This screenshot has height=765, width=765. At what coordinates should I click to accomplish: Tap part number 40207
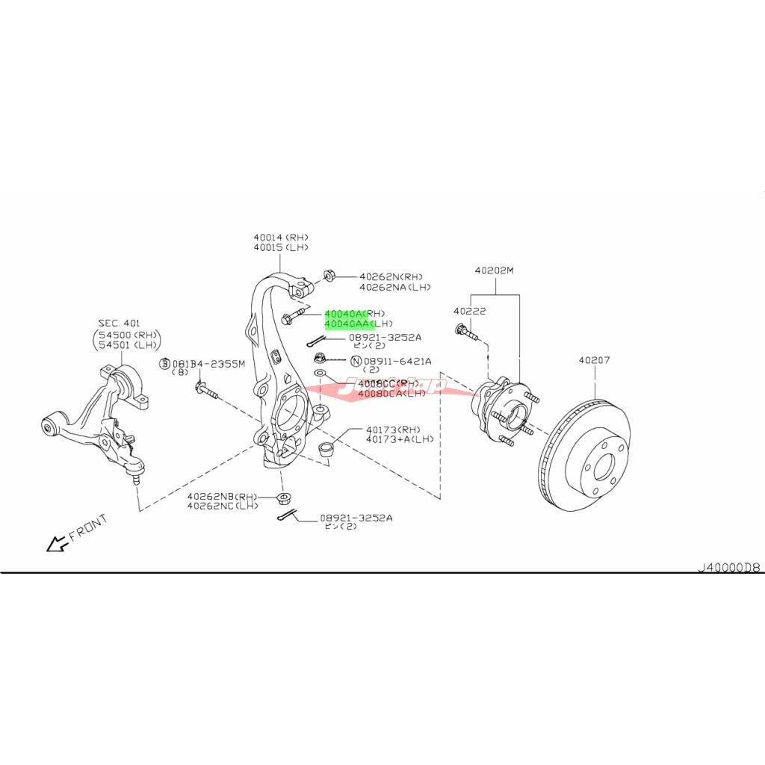coord(594,360)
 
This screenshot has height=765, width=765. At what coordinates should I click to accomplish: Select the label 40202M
coord(495,270)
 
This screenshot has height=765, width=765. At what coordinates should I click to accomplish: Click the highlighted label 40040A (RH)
coord(355,314)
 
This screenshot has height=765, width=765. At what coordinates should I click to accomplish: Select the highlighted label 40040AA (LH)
coord(358,324)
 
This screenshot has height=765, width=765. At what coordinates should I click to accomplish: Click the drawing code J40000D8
coord(728,567)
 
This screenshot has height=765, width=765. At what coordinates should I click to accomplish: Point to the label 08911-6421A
coord(397,361)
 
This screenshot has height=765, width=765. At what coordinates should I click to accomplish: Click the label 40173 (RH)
coord(393,430)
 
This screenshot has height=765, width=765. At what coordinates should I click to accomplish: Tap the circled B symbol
coord(165,364)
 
